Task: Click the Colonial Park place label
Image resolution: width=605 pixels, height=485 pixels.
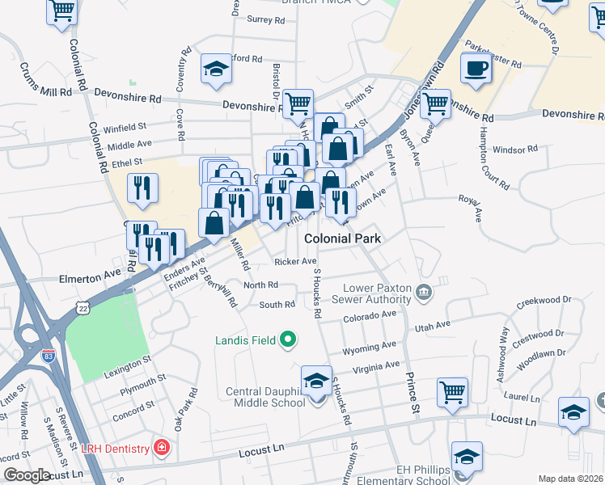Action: point(342,239)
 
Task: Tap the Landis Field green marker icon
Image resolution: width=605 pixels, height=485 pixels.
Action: point(286,341)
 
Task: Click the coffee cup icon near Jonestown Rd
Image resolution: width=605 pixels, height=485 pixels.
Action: point(476,68)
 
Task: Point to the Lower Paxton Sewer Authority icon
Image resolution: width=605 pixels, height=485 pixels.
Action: point(422,291)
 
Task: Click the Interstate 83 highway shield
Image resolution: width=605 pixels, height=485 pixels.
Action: point(49,353)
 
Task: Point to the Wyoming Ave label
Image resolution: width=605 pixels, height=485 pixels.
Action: point(370,347)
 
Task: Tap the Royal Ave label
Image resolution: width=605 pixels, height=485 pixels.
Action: point(471,205)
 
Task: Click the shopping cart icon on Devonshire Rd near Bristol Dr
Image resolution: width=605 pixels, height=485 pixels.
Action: point(298,103)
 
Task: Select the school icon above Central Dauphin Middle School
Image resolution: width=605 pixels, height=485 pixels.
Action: point(316,379)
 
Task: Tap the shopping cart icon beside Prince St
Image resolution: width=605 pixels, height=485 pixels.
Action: point(452,392)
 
